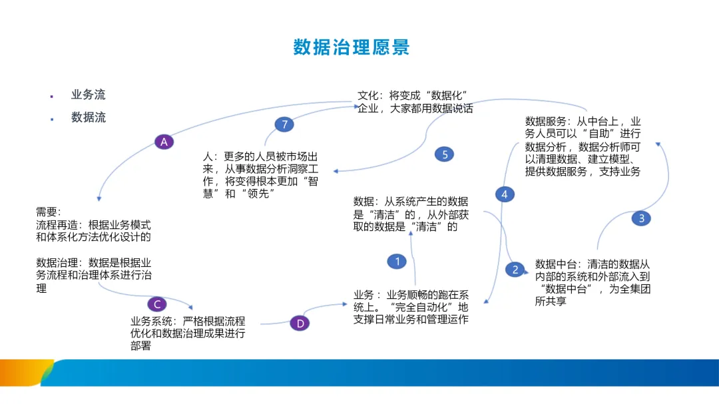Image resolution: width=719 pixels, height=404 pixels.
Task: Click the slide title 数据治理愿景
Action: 352,47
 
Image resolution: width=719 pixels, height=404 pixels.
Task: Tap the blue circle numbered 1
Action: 397,262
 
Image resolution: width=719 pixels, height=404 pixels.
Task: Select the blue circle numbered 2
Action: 515,269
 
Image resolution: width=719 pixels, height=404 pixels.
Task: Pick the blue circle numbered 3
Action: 641,218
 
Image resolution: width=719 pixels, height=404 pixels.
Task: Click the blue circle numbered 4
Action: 505,194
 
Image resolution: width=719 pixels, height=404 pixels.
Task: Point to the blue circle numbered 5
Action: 444,154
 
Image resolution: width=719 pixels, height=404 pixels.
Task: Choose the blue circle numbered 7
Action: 284,124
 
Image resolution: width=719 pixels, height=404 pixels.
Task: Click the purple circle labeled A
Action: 164,141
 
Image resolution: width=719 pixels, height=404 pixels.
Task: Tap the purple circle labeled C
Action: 156,304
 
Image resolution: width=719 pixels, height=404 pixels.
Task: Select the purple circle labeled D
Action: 300,323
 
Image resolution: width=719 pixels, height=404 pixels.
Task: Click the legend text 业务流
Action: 88,95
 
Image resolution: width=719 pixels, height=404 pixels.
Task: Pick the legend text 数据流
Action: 88,117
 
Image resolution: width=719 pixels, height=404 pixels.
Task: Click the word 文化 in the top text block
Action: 367,95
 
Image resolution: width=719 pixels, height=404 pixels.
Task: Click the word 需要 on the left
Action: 47,212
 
